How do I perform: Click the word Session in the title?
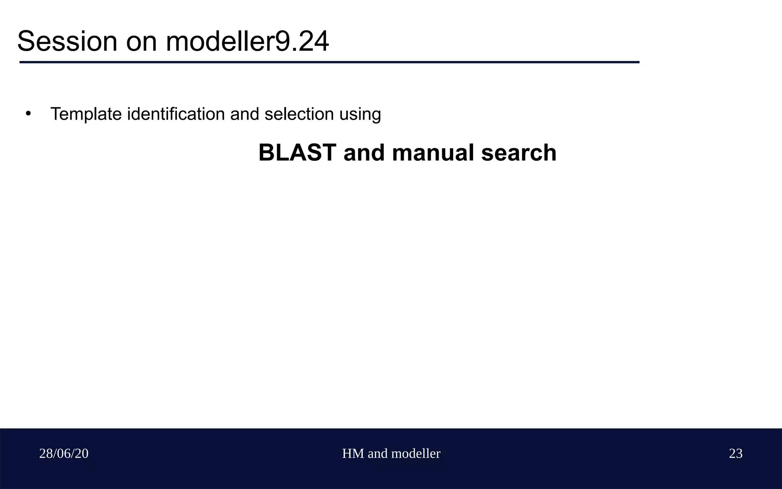click(x=67, y=41)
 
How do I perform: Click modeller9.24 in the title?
click(x=247, y=41)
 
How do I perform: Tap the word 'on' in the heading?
click(x=141, y=41)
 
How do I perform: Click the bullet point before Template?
click(x=28, y=113)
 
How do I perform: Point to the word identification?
click(x=176, y=114)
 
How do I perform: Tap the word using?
click(x=360, y=114)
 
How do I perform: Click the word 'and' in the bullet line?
click(x=244, y=114)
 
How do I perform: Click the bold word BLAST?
click(x=297, y=153)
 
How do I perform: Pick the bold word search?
click(x=519, y=153)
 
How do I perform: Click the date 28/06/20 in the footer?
click(x=64, y=453)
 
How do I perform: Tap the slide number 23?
click(x=735, y=453)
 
